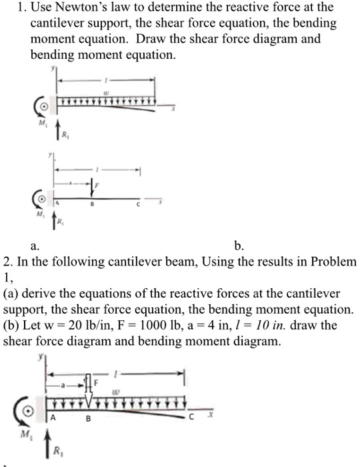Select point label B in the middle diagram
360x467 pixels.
coord(93,206)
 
